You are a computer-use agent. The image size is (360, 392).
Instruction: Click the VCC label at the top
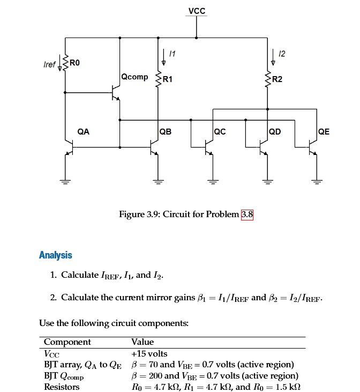coord(197,11)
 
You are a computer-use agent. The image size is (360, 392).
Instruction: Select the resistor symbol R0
coord(65,64)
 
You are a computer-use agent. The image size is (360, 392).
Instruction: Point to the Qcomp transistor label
coord(134,77)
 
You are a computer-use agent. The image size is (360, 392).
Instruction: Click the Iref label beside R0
coord(49,64)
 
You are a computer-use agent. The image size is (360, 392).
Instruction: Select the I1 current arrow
coord(164,56)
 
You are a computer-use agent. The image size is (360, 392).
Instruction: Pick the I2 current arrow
coord(274,56)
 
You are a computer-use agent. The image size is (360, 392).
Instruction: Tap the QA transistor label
coord(84,130)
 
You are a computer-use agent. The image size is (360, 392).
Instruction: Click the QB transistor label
coord(166,131)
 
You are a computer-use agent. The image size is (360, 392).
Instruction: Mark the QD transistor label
coord(275,131)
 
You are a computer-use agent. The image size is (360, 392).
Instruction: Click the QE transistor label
coord(324,131)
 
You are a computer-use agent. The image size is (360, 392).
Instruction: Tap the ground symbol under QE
coord(316,181)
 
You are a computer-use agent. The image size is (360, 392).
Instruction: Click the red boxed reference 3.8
coord(247,215)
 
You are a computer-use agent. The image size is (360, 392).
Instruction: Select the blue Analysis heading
coord(55,255)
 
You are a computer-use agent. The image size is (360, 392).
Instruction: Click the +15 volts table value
coord(149,353)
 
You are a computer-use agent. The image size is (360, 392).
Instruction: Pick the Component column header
coord(67,342)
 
